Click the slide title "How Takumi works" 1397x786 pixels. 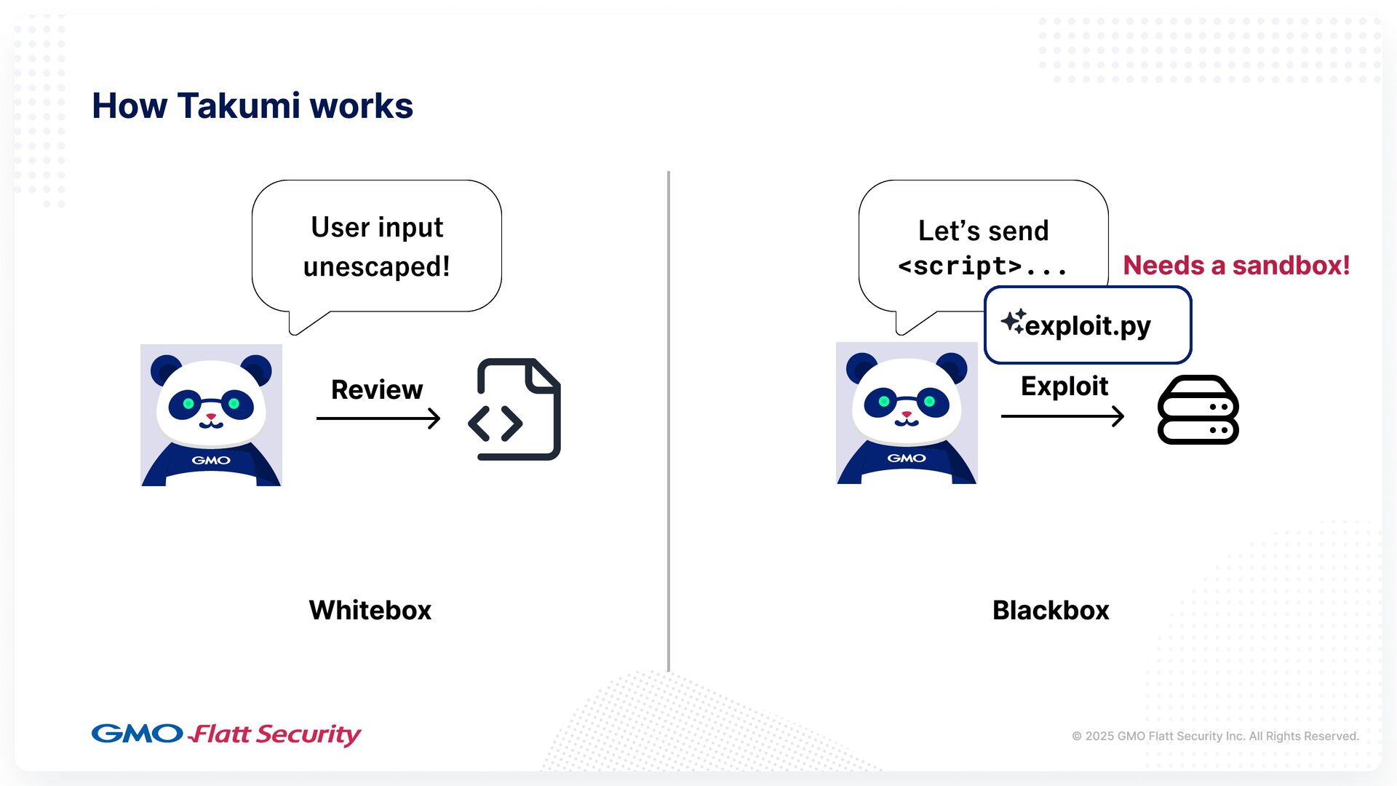(x=252, y=106)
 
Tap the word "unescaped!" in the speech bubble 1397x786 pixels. (x=376, y=267)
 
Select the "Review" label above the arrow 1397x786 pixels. (x=376, y=390)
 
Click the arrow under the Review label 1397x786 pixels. (x=378, y=418)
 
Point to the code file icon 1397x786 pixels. (x=515, y=409)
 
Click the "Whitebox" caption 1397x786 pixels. (x=370, y=610)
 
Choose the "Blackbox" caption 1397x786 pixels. (x=1050, y=610)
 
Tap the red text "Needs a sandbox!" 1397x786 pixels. (x=1235, y=266)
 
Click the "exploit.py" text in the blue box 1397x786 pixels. (x=1088, y=326)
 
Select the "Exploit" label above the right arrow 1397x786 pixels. (x=1064, y=386)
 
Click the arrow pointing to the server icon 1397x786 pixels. (x=1062, y=416)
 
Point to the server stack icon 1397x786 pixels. (x=1198, y=410)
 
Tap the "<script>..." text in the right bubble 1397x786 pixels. (x=982, y=266)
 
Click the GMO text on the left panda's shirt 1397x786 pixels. (x=211, y=460)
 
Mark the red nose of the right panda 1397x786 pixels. (x=907, y=415)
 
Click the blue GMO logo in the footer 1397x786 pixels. (x=137, y=734)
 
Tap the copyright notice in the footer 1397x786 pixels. (x=1214, y=736)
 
